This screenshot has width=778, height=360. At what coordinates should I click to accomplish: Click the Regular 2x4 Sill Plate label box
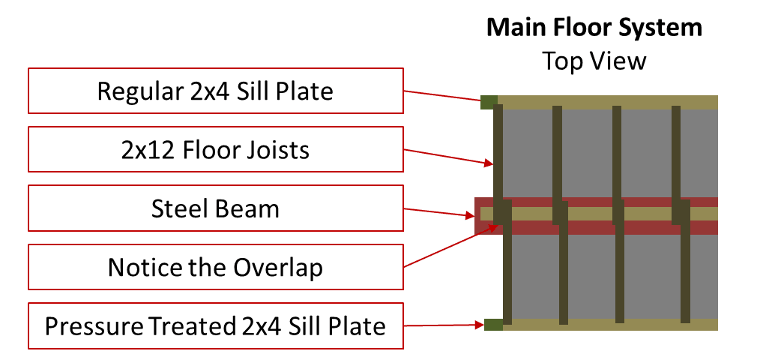[216, 91]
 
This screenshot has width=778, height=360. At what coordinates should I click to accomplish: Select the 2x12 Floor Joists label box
[216, 149]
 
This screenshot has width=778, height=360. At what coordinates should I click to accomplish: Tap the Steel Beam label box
[216, 208]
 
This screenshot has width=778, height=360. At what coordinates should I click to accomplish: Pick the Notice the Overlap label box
[216, 267]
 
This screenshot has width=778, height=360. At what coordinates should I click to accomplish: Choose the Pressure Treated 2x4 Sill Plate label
[216, 325]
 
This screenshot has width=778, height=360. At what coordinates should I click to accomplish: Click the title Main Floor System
[594, 27]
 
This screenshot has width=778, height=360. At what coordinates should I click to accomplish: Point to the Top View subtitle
[594, 61]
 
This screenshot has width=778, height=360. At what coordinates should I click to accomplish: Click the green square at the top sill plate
[489, 102]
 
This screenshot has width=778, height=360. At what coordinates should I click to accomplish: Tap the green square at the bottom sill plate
[493, 324]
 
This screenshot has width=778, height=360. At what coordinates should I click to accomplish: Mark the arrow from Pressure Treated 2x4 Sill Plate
[444, 325]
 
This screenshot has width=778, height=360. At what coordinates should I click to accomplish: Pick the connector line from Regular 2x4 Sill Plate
[442, 96]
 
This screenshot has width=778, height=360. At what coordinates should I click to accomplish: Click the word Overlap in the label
[278, 268]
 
